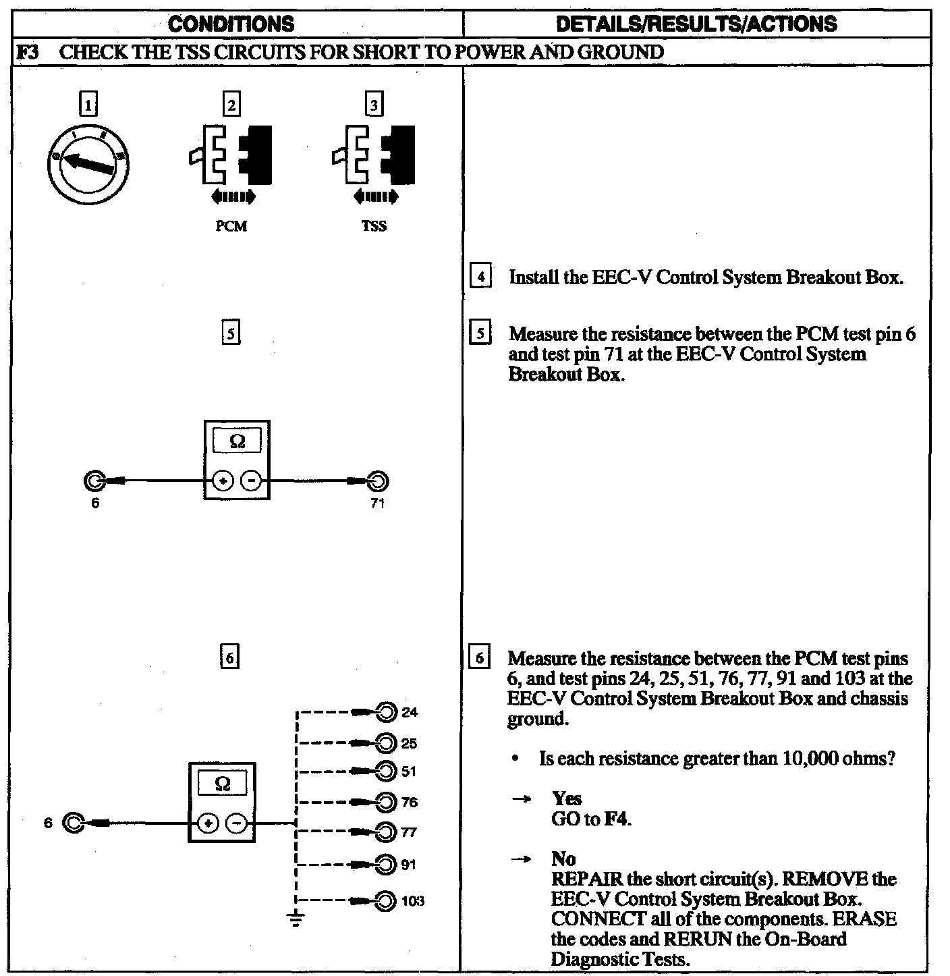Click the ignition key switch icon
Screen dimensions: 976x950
click(x=90, y=162)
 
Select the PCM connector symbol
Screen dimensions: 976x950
click(x=231, y=155)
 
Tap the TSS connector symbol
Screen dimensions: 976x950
click(x=374, y=155)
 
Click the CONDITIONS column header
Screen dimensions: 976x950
click(x=231, y=24)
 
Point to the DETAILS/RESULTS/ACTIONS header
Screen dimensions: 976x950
click(x=696, y=24)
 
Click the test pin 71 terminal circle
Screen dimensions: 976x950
click(x=379, y=481)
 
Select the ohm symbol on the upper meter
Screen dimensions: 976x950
click(x=237, y=441)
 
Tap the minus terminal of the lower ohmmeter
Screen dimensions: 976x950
click(x=235, y=823)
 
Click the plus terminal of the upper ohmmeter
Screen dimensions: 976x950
click(x=222, y=481)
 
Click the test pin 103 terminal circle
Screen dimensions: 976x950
click(x=385, y=901)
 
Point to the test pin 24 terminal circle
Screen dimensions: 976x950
click(x=386, y=712)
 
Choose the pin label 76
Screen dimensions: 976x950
click(x=410, y=803)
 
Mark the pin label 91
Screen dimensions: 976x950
click(x=409, y=865)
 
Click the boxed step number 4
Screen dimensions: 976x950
click(x=480, y=277)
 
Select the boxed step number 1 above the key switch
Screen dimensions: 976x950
click(x=88, y=105)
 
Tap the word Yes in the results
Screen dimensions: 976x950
click(x=566, y=799)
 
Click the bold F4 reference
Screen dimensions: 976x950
click(x=616, y=820)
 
